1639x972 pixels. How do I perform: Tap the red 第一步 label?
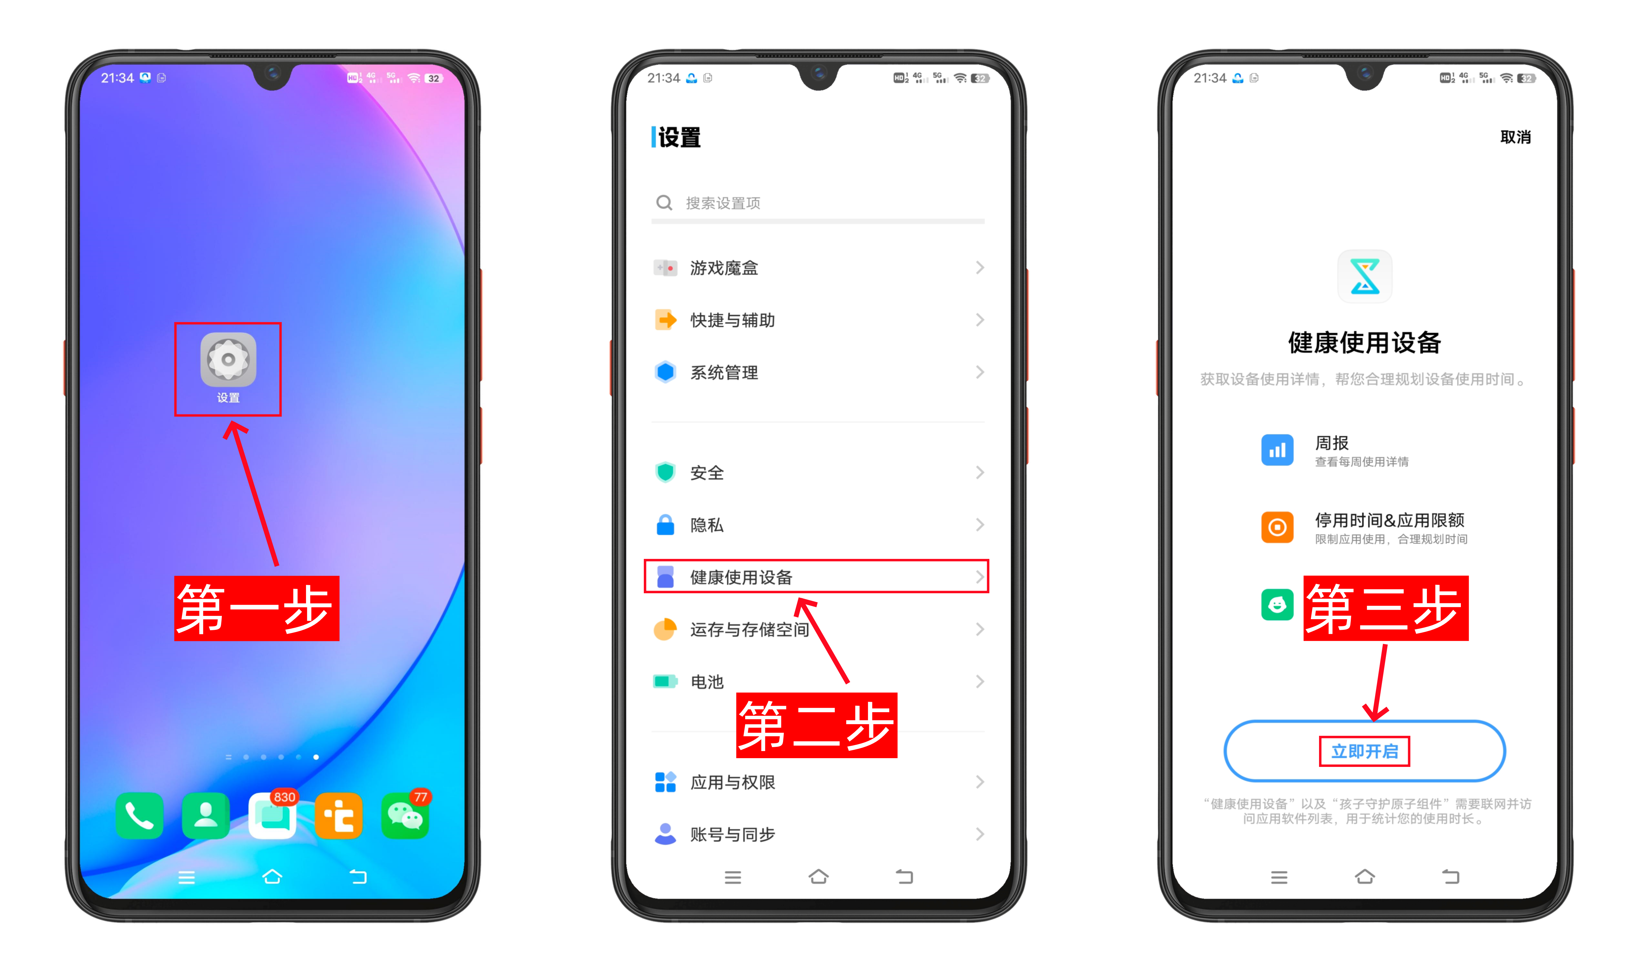tap(256, 608)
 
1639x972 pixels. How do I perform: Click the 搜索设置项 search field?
tap(818, 203)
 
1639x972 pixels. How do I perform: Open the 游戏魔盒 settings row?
tap(818, 268)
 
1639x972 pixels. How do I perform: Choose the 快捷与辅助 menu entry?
tap(818, 320)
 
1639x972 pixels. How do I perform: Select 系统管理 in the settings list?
tap(818, 373)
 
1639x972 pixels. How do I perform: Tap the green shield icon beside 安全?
tap(665, 472)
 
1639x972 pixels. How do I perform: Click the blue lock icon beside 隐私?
tap(665, 525)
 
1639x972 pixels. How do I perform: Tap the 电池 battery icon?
tap(665, 681)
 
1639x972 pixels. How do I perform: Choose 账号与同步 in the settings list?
tap(818, 834)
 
